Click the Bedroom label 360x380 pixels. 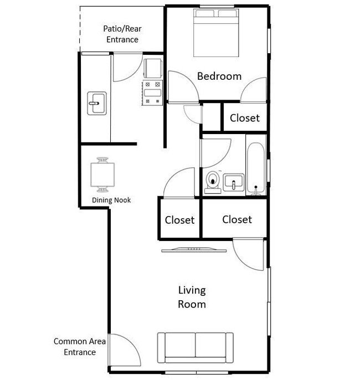point(219,76)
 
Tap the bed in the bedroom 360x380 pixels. point(216,33)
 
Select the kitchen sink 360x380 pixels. point(97,103)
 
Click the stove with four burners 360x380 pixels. point(152,93)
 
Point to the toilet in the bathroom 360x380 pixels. point(213,182)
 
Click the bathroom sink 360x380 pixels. point(233,182)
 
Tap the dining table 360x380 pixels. point(102,174)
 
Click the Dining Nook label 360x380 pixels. point(111,200)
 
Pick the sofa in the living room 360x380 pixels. point(196,348)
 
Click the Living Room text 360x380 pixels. point(192,297)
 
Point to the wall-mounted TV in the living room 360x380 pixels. point(194,250)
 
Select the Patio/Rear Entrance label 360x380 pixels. point(122,34)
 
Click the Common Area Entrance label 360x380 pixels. point(80,347)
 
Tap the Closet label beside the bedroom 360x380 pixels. point(245,118)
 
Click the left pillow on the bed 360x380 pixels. point(205,13)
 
